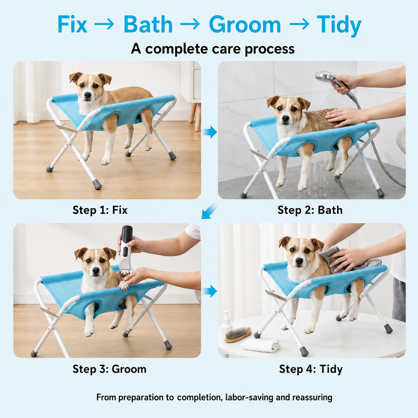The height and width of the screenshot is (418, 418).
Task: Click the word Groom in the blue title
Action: tap(245, 24)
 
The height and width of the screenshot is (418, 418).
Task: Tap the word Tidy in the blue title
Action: tap(339, 26)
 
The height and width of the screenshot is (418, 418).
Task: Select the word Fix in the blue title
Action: tap(72, 24)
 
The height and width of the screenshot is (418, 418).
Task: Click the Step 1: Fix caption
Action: tap(100, 210)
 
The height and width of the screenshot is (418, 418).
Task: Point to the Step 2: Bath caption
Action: tap(310, 210)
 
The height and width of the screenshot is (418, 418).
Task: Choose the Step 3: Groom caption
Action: tap(110, 369)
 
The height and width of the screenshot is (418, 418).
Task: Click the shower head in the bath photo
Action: tap(325, 76)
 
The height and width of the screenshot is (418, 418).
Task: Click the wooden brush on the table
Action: tap(238, 334)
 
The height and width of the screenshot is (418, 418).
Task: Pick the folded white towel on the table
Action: tap(260, 345)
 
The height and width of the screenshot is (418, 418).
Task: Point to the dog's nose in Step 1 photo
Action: tap(88, 95)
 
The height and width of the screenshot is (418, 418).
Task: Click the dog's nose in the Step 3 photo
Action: tap(95, 270)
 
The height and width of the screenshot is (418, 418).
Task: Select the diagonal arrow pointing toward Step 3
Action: tap(209, 211)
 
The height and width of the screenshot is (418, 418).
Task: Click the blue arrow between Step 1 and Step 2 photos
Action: tap(210, 132)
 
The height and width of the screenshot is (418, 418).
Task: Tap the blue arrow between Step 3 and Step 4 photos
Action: tap(210, 291)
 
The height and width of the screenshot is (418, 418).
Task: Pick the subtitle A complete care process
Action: tap(213, 49)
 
